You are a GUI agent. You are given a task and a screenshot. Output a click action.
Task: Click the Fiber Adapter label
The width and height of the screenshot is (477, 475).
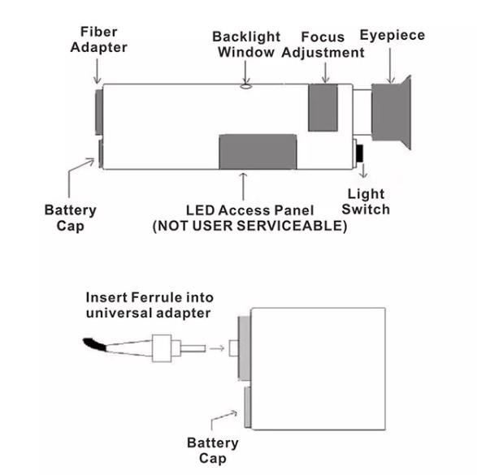98,40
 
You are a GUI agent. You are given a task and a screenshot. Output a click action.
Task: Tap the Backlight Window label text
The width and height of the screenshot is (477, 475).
246,45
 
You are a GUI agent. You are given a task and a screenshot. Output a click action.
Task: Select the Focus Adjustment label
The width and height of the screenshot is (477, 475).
323,45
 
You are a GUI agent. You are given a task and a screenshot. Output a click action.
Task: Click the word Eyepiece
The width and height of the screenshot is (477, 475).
392,35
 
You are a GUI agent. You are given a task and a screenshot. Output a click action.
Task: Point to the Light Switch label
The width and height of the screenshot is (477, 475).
366,202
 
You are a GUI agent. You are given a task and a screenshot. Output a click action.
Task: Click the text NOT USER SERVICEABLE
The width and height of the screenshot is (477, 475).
249,226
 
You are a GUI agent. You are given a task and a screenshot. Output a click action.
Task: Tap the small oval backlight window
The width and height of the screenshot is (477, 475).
246,87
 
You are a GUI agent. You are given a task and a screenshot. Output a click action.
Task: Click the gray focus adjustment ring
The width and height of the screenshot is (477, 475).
323,107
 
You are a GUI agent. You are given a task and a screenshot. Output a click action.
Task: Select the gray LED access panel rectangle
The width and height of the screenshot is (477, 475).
258,152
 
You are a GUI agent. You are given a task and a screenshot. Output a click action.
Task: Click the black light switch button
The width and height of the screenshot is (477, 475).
360,153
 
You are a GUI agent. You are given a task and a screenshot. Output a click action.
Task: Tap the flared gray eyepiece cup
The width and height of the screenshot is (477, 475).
392,112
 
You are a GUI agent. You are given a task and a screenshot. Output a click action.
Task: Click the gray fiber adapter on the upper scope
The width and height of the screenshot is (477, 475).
99,112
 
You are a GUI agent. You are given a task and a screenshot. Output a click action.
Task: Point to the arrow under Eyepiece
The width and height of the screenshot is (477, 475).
390,65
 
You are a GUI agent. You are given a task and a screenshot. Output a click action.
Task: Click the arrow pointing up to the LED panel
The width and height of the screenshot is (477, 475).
243,186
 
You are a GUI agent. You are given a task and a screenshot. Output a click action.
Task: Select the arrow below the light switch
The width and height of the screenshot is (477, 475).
363,170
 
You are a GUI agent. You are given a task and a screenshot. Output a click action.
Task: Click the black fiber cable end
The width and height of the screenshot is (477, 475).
94,344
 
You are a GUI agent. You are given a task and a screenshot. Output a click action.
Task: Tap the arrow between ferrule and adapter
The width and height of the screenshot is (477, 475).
217,348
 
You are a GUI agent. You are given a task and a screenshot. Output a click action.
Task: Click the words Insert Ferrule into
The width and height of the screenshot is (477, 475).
150,297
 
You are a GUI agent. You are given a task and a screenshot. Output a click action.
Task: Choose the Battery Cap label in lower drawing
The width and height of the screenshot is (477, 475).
213,451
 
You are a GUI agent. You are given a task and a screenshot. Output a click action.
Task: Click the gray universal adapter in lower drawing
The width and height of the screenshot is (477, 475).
245,348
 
